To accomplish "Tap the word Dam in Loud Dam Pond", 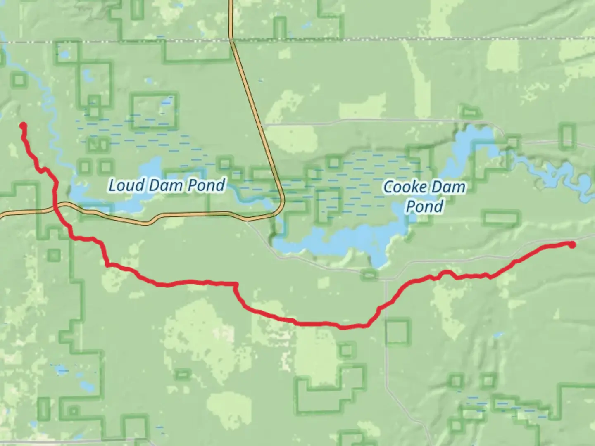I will pyautogui.click(x=162, y=185).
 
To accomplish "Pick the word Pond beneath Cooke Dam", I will pyautogui.click(x=424, y=206).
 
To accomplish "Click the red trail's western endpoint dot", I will pyautogui.click(x=23, y=126).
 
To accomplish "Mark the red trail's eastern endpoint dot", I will pyautogui.click(x=572, y=244).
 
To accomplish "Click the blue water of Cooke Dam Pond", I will pyautogui.click(x=331, y=240).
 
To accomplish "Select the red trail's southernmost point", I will pyautogui.click(x=343, y=328).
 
